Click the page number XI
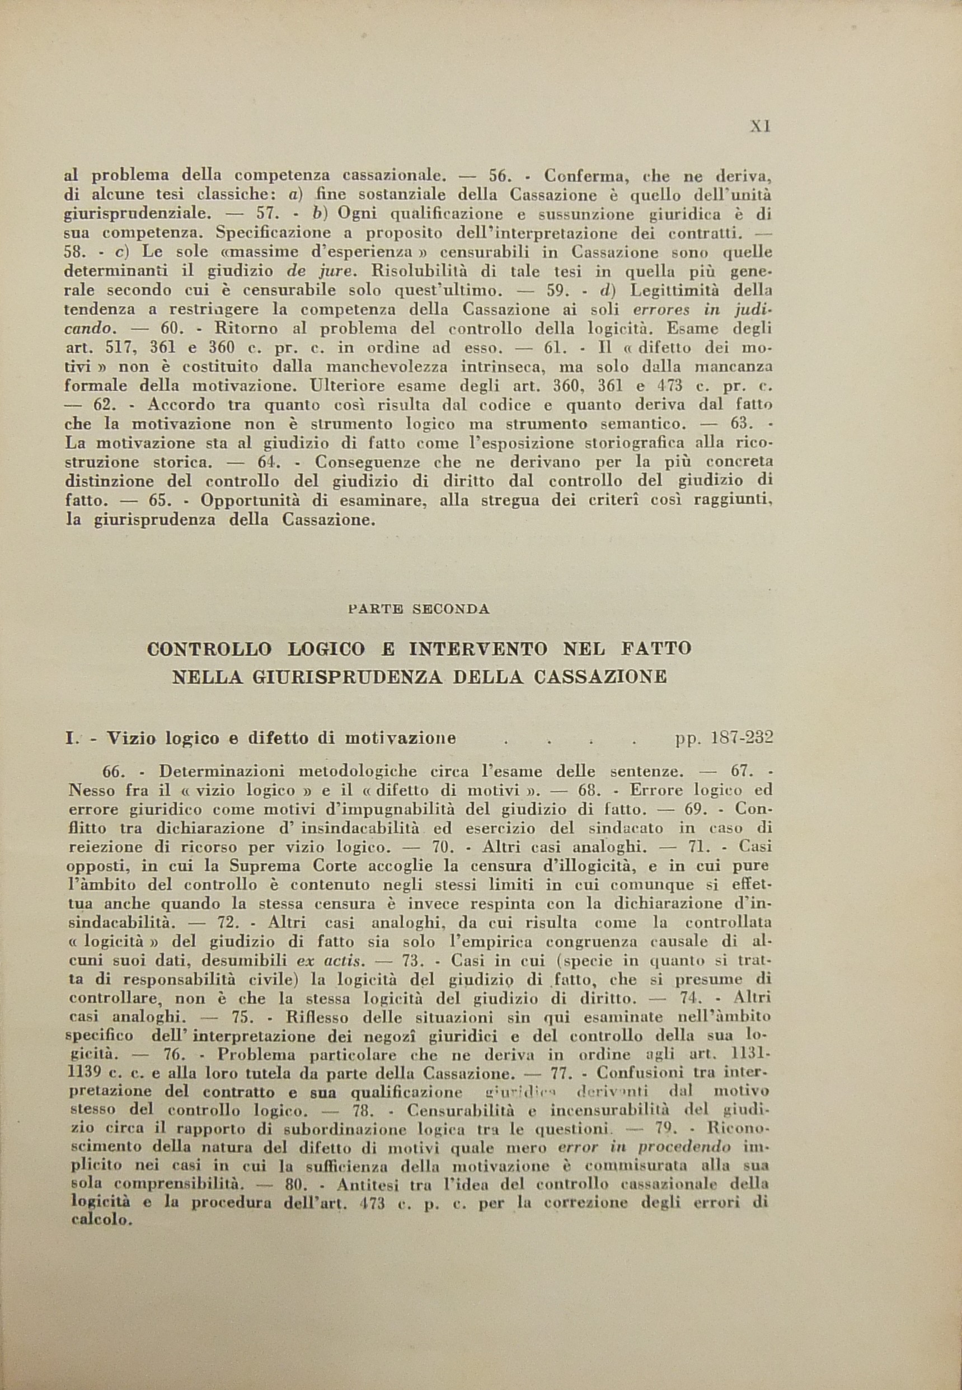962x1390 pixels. (x=760, y=128)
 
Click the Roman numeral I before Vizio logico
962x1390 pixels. (x=70, y=739)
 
